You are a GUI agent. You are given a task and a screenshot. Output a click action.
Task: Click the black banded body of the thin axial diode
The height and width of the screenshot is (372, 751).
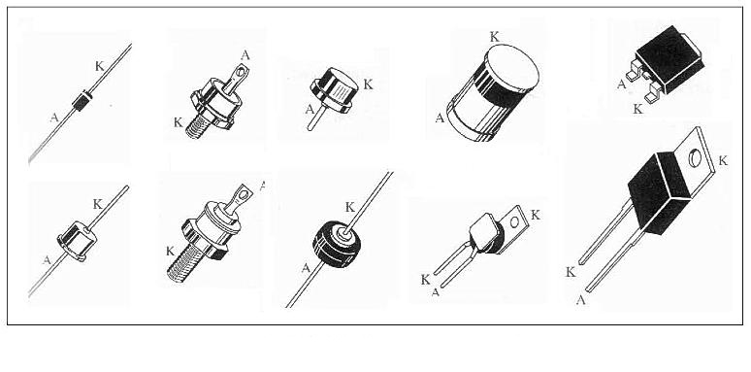click(x=82, y=100)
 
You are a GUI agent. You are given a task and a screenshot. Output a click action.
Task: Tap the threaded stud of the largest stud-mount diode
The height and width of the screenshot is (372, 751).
click(x=182, y=261)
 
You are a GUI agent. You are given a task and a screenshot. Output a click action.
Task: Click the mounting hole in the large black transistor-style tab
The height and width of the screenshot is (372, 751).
click(x=695, y=157)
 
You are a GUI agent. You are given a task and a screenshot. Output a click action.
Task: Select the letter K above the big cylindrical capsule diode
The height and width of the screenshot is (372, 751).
click(x=495, y=37)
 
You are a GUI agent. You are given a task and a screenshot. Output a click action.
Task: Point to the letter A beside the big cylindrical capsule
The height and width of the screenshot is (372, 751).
click(x=440, y=118)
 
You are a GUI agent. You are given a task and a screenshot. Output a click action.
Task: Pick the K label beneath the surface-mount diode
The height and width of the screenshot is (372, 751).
click(x=637, y=110)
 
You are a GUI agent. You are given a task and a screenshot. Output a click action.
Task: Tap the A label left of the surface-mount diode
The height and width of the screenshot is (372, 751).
click(x=621, y=85)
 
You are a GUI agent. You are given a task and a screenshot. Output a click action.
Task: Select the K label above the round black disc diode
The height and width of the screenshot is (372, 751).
click(x=350, y=207)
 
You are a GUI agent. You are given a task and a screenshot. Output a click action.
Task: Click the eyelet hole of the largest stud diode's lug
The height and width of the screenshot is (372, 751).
click(x=245, y=193)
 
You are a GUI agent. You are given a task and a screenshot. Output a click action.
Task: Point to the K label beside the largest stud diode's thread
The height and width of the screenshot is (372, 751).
click(x=170, y=251)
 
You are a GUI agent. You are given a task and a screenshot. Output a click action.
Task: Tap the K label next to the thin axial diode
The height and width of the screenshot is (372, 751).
click(x=99, y=66)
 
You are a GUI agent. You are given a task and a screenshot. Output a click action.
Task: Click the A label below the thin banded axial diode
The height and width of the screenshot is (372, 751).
click(x=54, y=118)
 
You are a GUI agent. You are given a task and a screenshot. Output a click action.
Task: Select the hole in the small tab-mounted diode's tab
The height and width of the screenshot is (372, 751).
click(x=514, y=222)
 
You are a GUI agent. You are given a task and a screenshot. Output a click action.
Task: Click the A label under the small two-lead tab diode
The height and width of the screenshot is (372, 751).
click(x=436, y=292)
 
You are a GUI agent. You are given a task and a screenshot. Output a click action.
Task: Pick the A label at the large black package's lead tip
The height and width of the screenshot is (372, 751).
click(x=580, y=300)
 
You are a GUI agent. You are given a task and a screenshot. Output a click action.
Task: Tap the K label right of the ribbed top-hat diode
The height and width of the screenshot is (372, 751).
click(x=368, y=85)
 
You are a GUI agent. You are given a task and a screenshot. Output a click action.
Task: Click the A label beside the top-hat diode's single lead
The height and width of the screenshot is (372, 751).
click(x=310, y=110)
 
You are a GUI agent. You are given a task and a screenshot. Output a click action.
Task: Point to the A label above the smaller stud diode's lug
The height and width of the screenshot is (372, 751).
click(x=245, y=55)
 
